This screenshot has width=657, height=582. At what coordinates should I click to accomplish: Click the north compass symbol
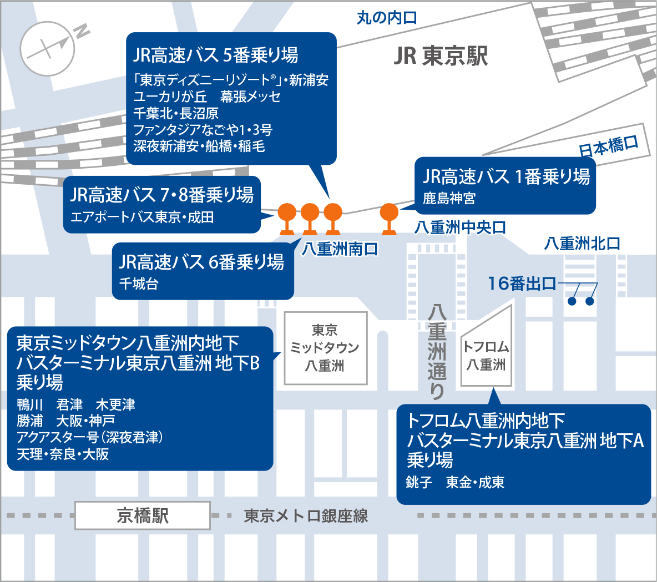[x=48, y=48]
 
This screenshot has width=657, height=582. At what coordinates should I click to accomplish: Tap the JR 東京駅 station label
[x=441, y=56]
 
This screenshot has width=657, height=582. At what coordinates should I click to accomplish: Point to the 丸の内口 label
[x=387, y=18]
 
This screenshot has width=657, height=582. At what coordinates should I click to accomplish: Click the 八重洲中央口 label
[x=460, y=227]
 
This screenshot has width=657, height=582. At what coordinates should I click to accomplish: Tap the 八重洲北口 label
[x=582, y=243]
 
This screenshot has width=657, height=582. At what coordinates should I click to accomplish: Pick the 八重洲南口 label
[x=340, y=249]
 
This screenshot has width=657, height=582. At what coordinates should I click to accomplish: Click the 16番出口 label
[x=522, y=284]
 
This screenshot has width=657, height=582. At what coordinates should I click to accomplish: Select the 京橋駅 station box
[x=143, y=515]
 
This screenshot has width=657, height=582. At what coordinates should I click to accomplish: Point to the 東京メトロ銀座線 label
[x=306, y=516]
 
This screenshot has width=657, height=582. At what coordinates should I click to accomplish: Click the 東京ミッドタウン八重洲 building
[x=325, y=348]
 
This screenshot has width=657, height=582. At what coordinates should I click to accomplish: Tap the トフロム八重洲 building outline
[x=486, y=350]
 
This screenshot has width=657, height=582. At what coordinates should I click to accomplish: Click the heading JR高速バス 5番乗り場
[x=215, y=55]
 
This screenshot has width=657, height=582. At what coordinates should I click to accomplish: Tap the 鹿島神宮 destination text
[x=449, y=198]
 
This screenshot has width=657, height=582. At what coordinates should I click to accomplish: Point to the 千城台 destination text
[x=139, y=284]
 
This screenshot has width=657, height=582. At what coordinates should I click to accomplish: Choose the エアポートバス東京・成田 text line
[x=142, y=217]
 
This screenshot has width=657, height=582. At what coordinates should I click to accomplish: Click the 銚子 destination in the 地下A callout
[x=419, y=482]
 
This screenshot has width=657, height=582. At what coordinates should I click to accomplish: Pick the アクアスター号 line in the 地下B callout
[x=89, y=437]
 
